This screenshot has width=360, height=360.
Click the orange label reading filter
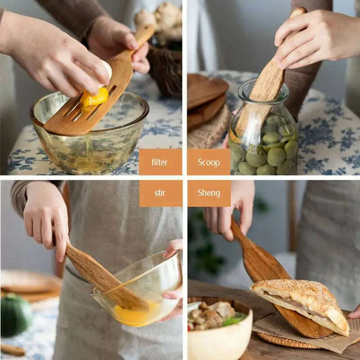[160, 162]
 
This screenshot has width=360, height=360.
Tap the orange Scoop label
[209, 162]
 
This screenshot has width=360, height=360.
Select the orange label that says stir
[160, 193]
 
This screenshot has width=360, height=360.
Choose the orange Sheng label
[209, 193]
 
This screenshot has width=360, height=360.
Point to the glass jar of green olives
[263, 135]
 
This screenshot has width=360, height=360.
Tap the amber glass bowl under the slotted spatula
[90, 135]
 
